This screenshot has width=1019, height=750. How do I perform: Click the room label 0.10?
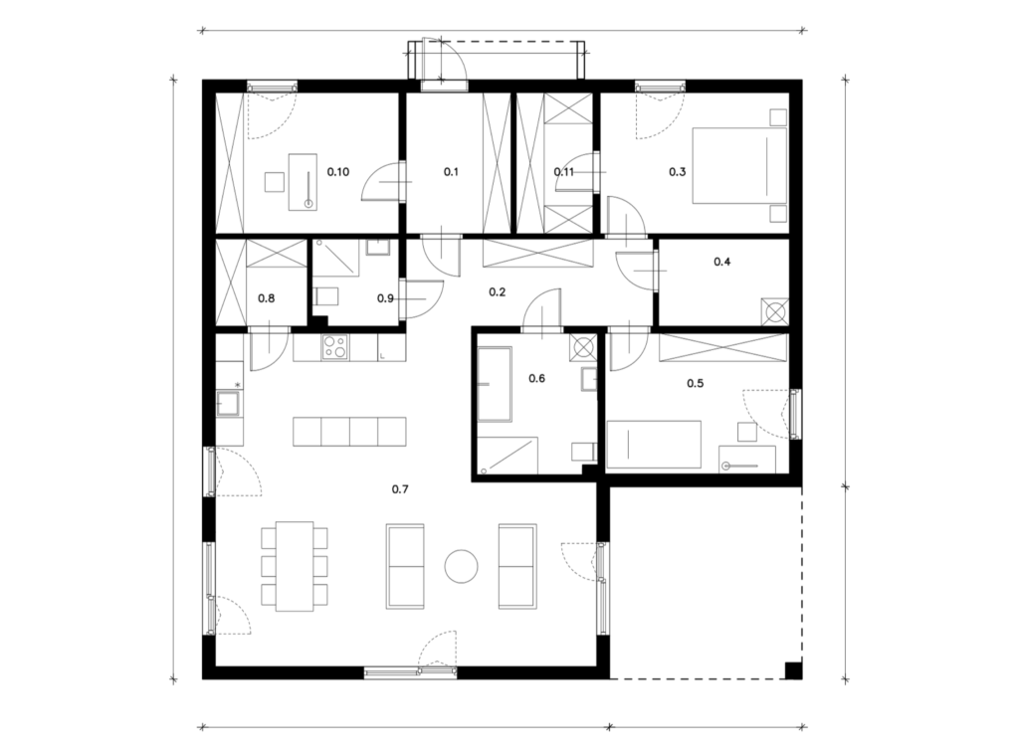pos(338,172)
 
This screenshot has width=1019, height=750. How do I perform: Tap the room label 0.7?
pos(400,489)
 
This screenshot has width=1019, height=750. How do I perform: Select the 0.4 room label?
pos(722,262)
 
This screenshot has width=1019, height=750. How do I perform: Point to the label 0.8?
pos(267,298)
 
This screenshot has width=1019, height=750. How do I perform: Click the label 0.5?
pos(696,383)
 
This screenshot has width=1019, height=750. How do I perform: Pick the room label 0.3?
pos(677,172)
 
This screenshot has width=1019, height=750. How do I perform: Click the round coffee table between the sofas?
pos(462,566)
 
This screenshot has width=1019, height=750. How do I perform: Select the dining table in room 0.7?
pos(295,566)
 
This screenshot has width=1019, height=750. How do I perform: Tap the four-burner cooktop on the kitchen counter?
pos(334,346)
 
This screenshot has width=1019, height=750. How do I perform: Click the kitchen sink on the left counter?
pos(228,403)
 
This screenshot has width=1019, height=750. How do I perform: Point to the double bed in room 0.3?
pos(739,166)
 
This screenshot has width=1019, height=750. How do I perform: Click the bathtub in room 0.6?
pos(495,384)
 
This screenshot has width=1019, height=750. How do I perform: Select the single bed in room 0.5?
pos(654,445)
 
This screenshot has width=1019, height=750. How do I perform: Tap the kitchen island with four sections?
pos(349,432)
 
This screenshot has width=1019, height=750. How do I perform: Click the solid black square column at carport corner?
pos(793,670)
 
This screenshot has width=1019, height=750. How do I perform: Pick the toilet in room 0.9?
pos(326,296)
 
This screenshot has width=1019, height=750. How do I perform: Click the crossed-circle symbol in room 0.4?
pos(775,311)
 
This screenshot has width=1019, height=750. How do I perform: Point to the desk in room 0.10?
pos(303,182)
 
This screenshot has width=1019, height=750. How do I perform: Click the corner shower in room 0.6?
pos(508,455)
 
